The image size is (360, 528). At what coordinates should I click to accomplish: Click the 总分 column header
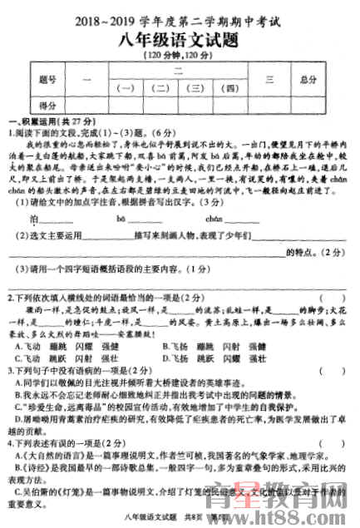[308, 80]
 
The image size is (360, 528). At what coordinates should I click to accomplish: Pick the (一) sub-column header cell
[127, 87]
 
